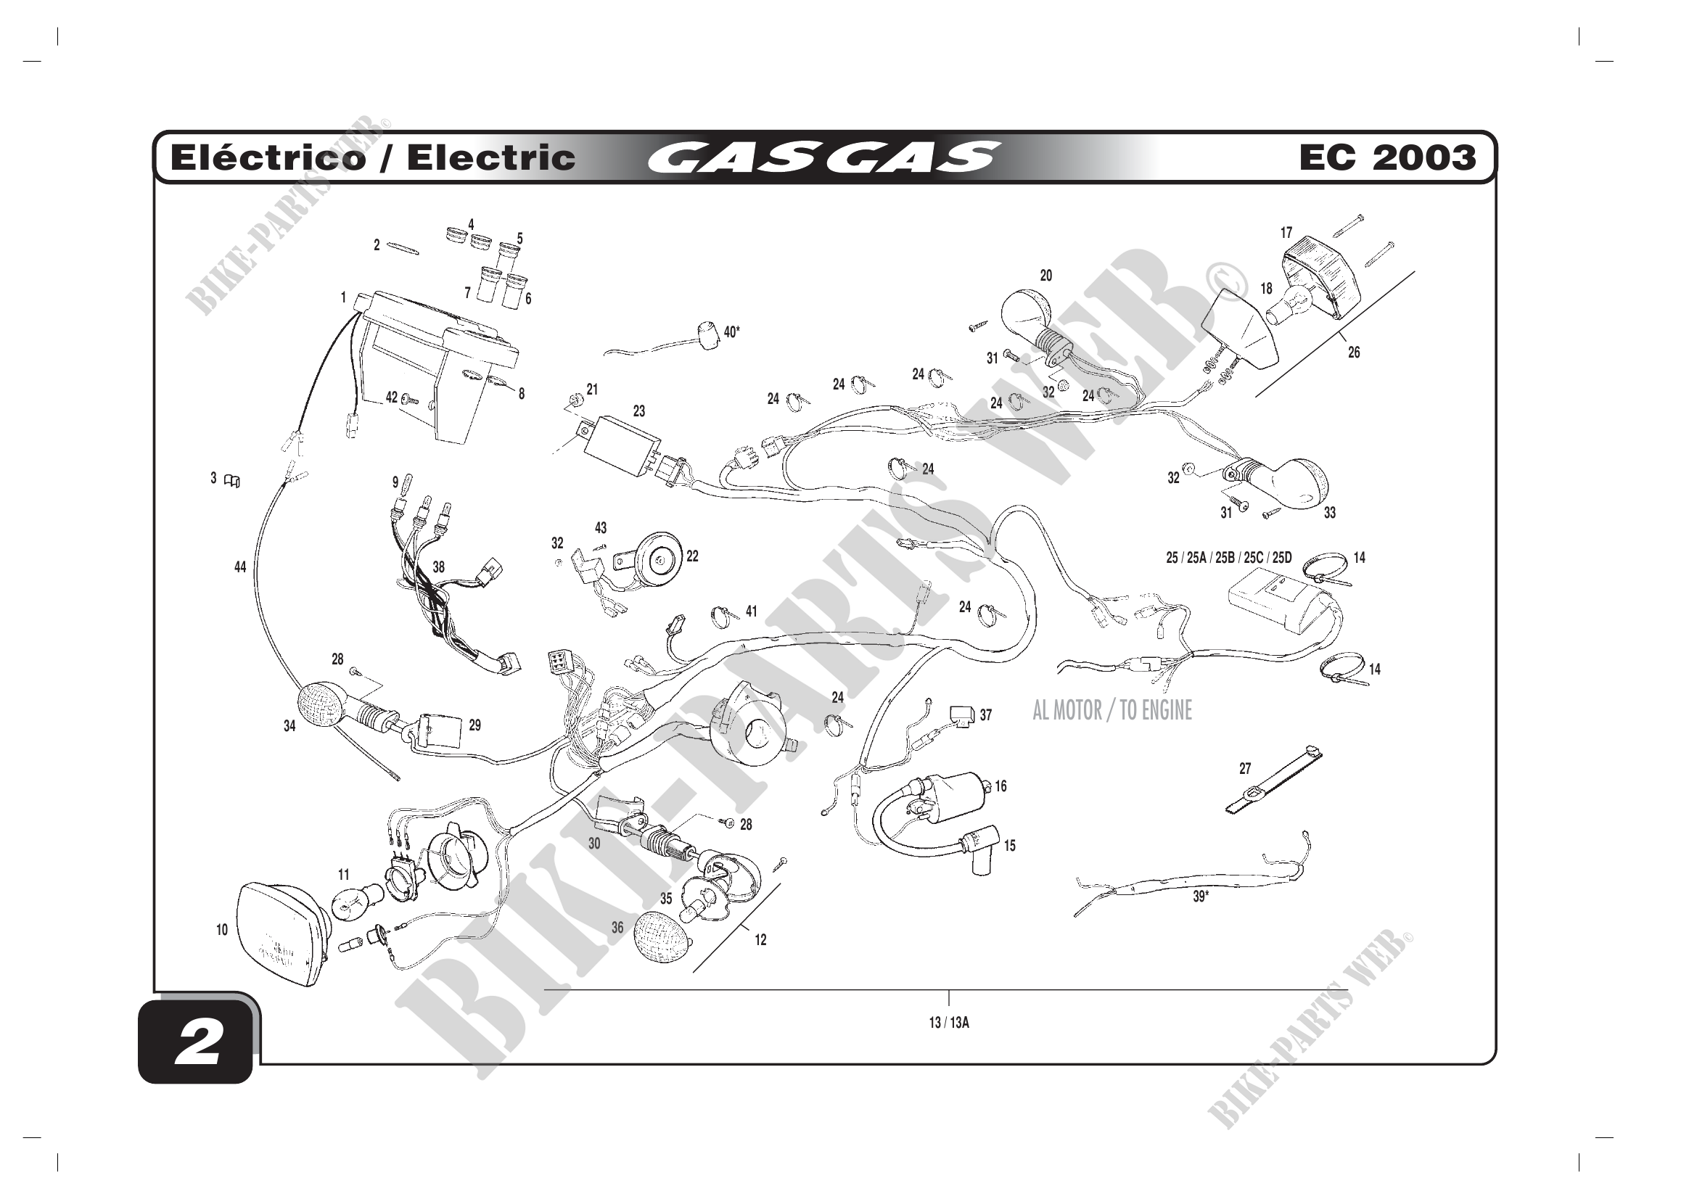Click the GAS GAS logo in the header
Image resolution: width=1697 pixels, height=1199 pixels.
tap(823, 157)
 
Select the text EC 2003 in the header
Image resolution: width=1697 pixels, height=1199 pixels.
tap(1387, 157)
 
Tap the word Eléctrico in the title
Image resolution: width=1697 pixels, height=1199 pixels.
tap(268, 158)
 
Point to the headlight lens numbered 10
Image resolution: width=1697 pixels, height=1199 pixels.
tap(277, 934)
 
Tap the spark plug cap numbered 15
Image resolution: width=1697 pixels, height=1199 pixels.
tap(980, 844)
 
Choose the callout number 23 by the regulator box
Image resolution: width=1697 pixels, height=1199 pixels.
tap(638, 411)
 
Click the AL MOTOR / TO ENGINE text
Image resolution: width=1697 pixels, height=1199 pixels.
tap(1112, 711)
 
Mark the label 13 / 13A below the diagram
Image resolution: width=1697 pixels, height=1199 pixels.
tap(949, 1023)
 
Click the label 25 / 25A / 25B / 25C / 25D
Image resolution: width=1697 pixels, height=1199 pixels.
tap(1228, 558)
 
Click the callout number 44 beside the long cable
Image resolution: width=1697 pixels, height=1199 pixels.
tap(240, 567)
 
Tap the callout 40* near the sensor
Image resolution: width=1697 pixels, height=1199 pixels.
tap(732, 332)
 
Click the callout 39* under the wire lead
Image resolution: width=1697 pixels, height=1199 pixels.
tap(1201, 897)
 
